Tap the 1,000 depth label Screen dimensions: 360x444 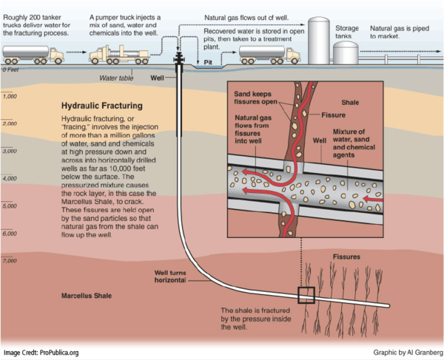(x=10, y=96)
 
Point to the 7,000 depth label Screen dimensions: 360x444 (x=10, y=261)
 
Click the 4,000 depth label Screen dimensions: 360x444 (x=10, y=178)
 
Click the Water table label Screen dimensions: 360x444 (x=117, y=78)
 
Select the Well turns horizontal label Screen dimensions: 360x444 (x=175, y=276)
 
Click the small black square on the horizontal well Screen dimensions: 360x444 (x=305, y=295)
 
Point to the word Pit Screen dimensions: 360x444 (x=208, y=64)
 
